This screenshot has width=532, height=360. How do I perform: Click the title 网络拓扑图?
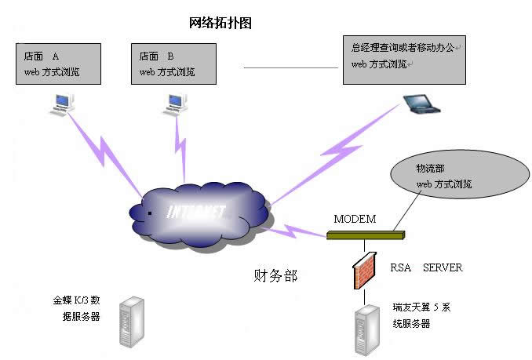tap(220, 22)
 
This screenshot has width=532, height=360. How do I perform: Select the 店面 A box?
tap(57, 64)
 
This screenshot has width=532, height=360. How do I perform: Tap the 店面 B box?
tap(173, 64)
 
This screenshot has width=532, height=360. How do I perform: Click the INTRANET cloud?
tap(196, 213)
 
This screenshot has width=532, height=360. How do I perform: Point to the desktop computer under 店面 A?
tap(62, 102)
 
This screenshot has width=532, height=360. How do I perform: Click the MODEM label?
tap(355, 218)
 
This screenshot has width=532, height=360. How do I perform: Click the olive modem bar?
tap(365, 233)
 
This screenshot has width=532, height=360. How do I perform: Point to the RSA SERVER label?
tap(426, 268)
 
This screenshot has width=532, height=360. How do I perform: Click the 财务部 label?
tap(275, 276)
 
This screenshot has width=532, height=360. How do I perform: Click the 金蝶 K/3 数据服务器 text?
tap(76, 308)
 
